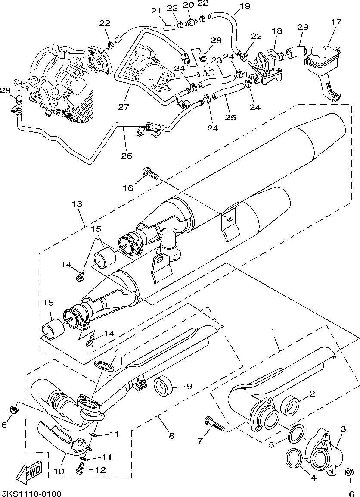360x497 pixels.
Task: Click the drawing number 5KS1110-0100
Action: pyautogui.click(x=31, y=493)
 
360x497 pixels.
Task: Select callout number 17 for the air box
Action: pyautogui.click(x=336, y=22)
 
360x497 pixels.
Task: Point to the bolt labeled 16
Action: pyautogui.click(x=150, y=173)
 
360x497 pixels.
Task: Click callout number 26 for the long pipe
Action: pyautogui.click(x=126, y=156)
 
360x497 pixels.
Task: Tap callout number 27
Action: pyautogui.click(x=124, y=106)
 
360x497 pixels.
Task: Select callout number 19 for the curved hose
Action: pyautogui.click(x=245, y=6)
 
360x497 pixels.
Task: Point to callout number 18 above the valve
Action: pyautogui.click(x=277, y=31)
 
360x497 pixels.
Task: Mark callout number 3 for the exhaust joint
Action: pyautogui.click(x=343, y=429)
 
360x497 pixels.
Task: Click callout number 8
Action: pyautogui.click(x=171, y=436)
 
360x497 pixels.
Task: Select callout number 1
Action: pyautogui.click(x=272, y=331)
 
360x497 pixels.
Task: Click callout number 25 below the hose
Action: pyautogui.click(x=230, y=117)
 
